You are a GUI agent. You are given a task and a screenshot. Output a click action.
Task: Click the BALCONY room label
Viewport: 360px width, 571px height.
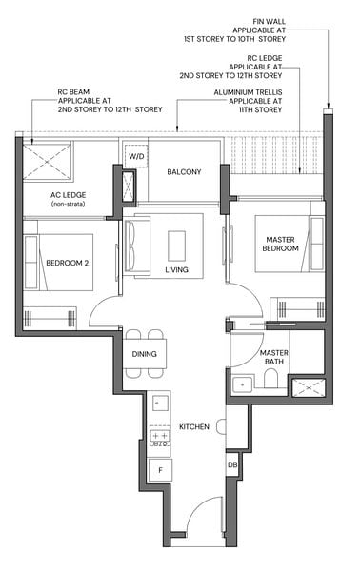pos(185,172)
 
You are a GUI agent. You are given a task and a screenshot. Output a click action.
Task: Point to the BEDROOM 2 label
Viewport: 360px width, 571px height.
pos(66,264)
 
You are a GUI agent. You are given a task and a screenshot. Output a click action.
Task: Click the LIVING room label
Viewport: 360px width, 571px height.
pos(176,270)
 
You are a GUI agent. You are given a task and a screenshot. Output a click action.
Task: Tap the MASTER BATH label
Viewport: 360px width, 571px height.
pos(274,358)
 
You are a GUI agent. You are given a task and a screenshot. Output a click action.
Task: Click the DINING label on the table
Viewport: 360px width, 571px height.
pos(145,354)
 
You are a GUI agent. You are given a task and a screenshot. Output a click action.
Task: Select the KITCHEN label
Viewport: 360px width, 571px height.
pos(193,427)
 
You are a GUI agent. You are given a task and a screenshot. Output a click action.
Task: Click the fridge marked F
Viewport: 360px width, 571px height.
pos(159,469)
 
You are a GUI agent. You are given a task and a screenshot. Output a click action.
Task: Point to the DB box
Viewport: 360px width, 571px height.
pos(232,464)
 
